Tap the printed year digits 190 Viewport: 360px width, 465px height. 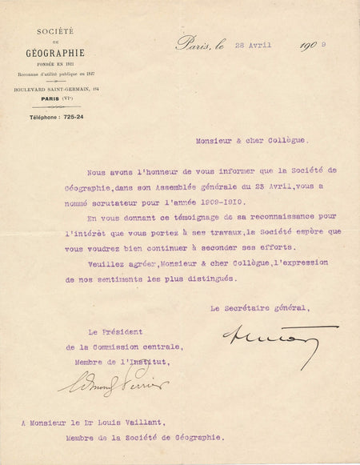tap(310, 46)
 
